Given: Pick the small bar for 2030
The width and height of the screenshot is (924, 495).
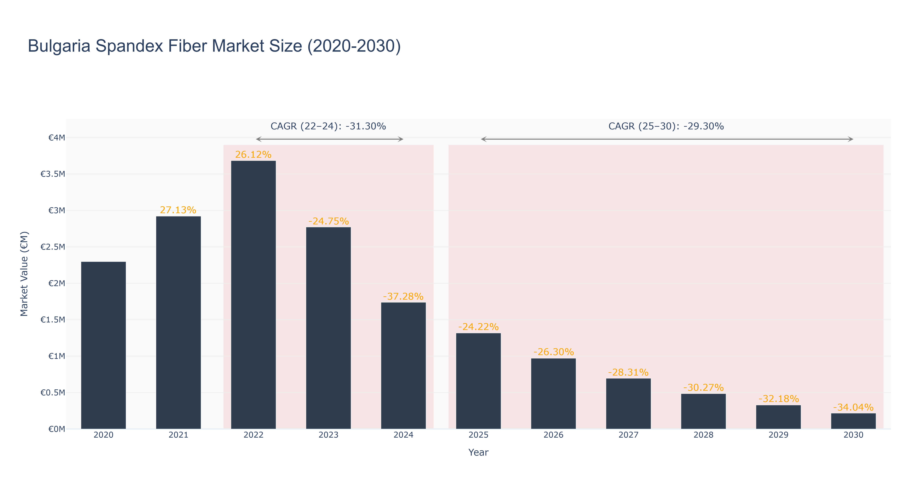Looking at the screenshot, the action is (x=853, y=421).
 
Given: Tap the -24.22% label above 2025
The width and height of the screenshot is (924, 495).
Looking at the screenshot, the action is (x=478, y=327).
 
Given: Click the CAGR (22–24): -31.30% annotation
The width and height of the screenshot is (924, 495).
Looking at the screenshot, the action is (x=328, y=126).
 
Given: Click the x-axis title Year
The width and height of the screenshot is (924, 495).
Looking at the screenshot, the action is (x=478, y=452).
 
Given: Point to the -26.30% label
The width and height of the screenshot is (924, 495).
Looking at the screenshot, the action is (x=553, y=352).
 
